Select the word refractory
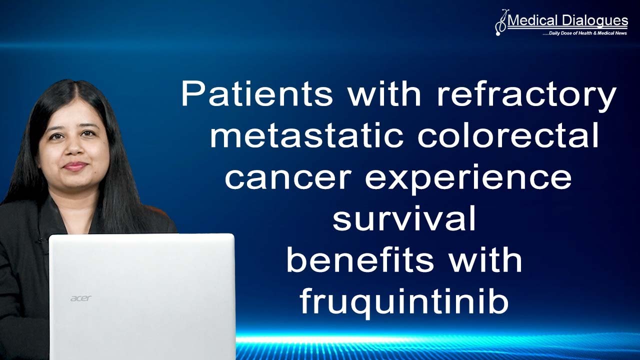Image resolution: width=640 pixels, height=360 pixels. (526, 93)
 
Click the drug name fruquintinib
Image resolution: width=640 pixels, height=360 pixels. (404, 303)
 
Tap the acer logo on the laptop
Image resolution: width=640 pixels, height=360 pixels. (80, 298)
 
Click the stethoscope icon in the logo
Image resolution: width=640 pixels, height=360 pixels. (500, 22)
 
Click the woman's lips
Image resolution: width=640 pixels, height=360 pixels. (75, 166)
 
